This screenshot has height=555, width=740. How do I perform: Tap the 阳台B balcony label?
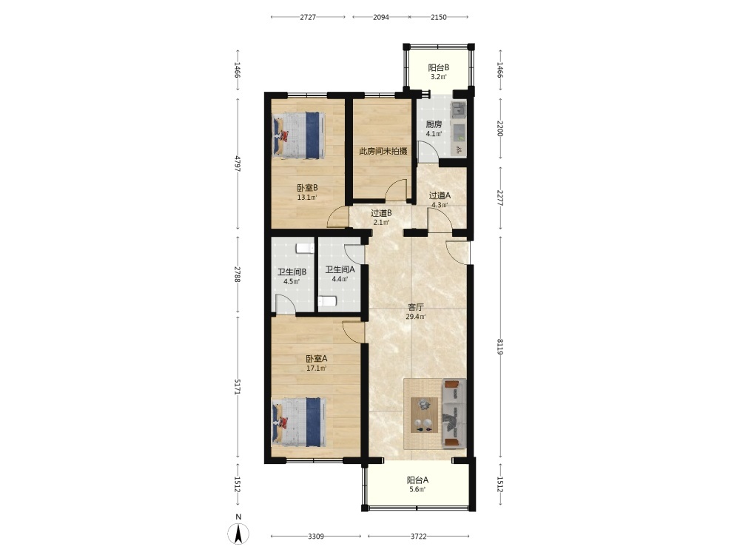pos(438,67)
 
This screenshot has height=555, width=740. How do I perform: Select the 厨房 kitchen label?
pos(434,124)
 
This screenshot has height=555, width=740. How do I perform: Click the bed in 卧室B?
pos(299,135)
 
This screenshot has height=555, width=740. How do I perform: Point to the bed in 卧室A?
pos(299,422)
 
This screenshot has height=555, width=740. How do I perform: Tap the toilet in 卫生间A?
pos(327,301)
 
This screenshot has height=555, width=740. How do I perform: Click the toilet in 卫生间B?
pos(305,248)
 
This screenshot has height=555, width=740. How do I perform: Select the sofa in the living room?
pos(454,414)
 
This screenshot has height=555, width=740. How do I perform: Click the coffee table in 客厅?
pos(424,415)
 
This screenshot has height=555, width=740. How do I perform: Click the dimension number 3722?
pos(419,536)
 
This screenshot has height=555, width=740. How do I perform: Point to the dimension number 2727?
pos(308,17)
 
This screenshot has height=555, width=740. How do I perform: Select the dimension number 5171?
pos(238,387)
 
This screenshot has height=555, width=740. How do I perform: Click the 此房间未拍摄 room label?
pos(383,151)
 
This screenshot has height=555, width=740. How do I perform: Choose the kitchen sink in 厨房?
pos(458,110)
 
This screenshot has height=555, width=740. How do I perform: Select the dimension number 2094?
pos(381,17)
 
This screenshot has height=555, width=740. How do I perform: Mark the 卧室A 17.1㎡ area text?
pos(316,363)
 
